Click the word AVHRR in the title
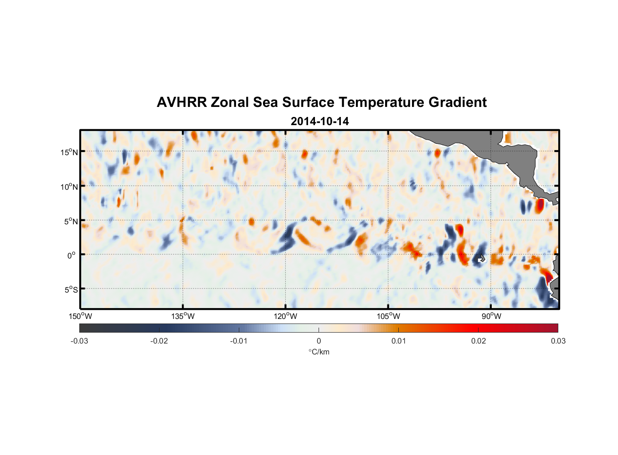(181, 102)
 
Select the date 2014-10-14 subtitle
(319, 121)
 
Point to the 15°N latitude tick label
(69, 152)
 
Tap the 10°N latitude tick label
(69, 187)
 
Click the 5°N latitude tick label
(71, 221)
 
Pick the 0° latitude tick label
(71, 255)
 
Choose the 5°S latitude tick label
(71, 289)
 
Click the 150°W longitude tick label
(80, 316)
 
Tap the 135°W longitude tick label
(183, 316)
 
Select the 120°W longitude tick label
(285, 316)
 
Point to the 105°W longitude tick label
(388, 316)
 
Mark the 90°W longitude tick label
(491, 316)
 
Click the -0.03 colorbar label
(79, 341)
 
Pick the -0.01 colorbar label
(239, 341)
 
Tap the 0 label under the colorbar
(319, 341)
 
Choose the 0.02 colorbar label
(479, 341)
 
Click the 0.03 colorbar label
(558, 341)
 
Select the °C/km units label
(319, 352)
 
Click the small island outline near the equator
(481, 258)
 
